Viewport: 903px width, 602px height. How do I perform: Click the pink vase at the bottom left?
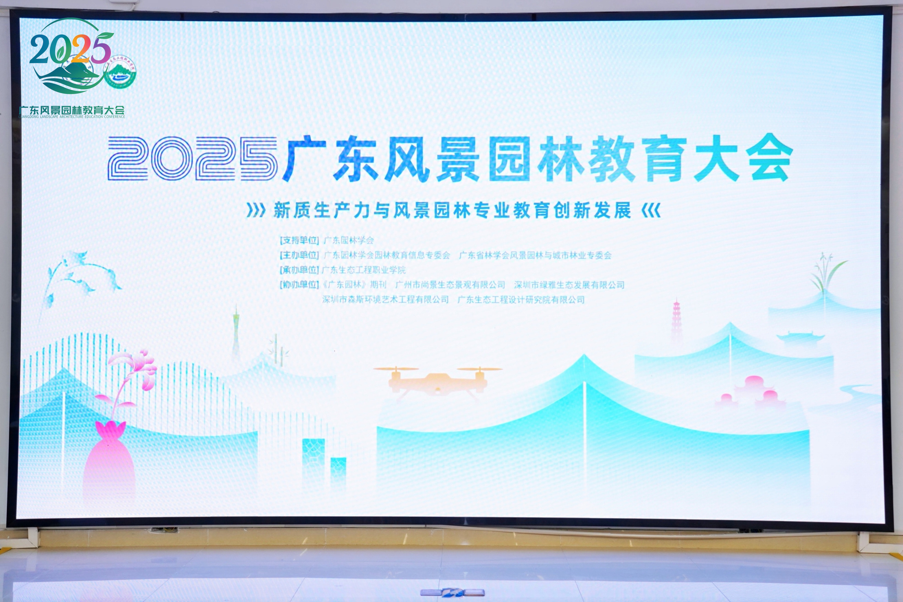coord(109,461)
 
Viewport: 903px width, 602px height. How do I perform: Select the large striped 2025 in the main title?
coord(192,159)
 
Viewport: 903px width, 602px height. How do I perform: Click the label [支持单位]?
coord(299,240)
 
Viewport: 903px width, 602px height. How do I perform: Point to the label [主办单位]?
coord(299,255)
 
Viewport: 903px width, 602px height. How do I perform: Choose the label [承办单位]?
coord(299,270)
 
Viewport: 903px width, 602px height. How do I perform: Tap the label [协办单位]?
coord(299,285)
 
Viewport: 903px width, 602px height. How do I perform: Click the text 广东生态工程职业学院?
coord(363,270)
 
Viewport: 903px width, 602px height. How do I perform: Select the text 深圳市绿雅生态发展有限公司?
coord(569,285)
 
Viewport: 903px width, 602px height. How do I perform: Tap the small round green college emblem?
coord(121,72)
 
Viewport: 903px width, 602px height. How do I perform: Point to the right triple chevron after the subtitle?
coord(651,210)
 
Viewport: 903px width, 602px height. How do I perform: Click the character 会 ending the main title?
coord(768,159)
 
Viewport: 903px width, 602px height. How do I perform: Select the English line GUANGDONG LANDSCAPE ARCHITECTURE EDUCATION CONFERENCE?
coord(72,117)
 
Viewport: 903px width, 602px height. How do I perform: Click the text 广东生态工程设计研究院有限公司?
coord(521,300)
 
